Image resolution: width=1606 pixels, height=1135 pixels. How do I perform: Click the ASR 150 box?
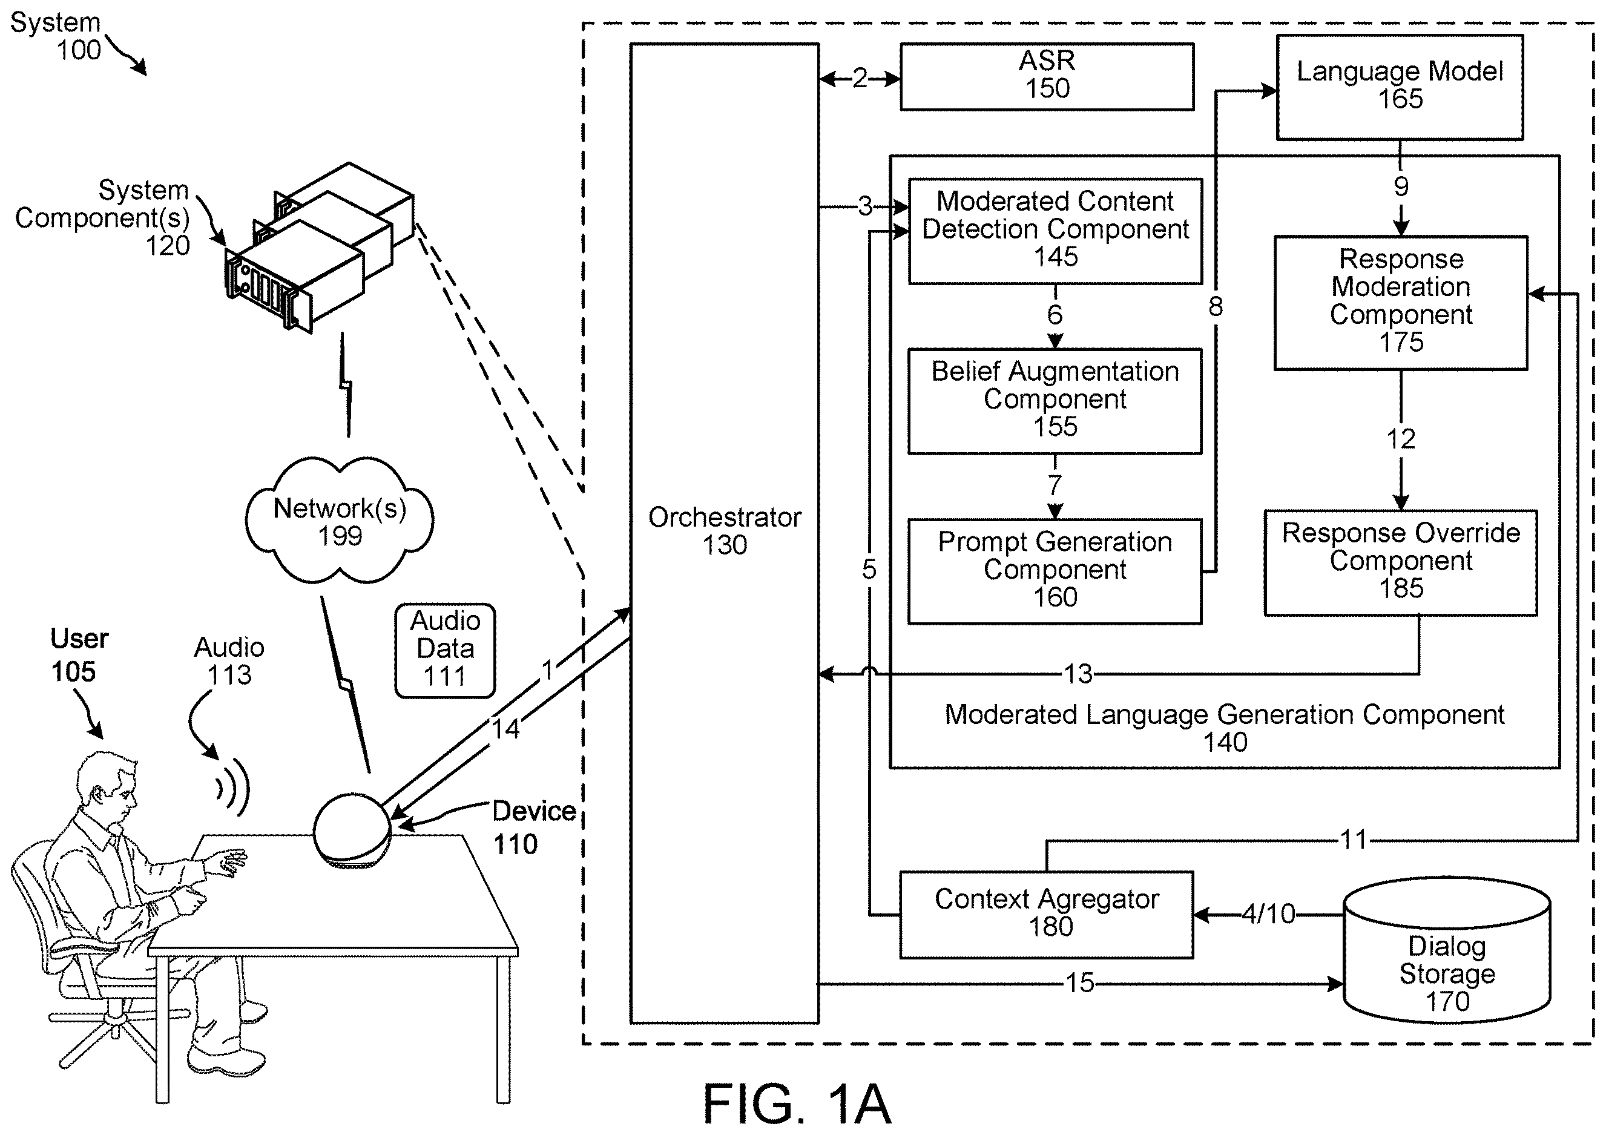point(1047,77)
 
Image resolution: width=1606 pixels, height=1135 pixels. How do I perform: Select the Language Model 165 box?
point(1400,87)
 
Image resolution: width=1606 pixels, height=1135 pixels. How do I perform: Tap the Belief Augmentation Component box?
point(1055,401)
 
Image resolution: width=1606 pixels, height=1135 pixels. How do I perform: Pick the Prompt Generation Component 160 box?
point(1055,571)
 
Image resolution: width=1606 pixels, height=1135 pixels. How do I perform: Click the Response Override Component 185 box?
point(1400,563)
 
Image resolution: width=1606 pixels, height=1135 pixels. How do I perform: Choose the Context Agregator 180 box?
point(1047,915)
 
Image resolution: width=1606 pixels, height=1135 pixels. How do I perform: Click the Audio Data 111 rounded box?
point(445,650)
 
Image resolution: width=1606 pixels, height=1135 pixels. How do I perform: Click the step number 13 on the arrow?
point(1078,674)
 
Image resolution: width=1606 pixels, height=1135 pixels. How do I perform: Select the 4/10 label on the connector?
point(1268,914)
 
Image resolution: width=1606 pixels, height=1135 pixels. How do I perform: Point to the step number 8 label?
point(1216,306)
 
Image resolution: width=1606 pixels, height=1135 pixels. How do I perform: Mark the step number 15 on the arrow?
point(1079,983)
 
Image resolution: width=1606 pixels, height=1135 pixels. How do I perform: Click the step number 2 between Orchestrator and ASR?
point(860,78)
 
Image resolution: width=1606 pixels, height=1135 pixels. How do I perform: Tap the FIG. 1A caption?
point(797,1103)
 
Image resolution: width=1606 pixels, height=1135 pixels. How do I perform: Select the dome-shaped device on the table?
point(352,832)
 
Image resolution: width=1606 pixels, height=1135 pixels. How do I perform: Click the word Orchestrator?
point(725,518)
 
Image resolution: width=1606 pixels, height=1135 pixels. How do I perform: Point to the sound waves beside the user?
point(233,786)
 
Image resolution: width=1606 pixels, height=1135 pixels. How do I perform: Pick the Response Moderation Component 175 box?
point(1400,303)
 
